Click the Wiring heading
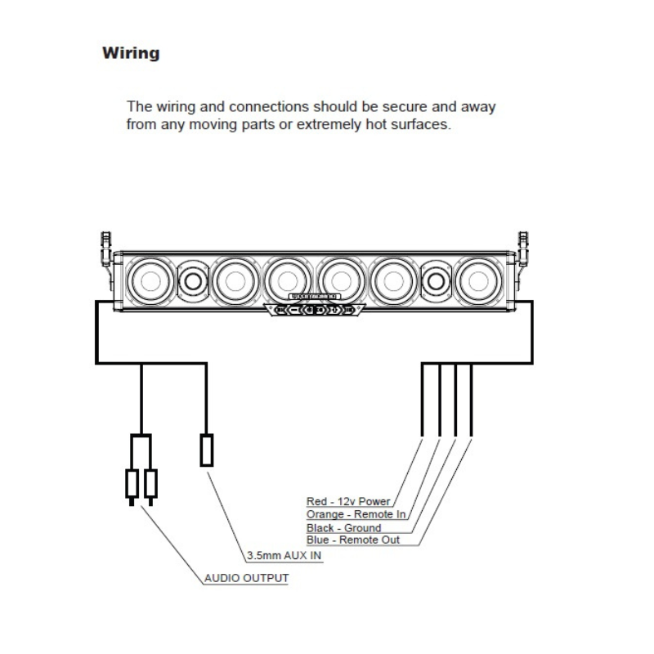[131, 54]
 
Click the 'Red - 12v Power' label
[348, 501]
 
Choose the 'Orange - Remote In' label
[356, 514]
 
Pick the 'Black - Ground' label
[343, 528]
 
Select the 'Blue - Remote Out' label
[353, 540]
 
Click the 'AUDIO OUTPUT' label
[246, 579]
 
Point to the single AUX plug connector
[207, 450]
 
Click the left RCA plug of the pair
[132, 483]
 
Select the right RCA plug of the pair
[150, 483]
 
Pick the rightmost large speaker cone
[476, 280]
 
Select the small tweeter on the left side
[193, 281]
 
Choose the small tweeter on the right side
[435, 281]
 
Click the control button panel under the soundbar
[314, 311]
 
